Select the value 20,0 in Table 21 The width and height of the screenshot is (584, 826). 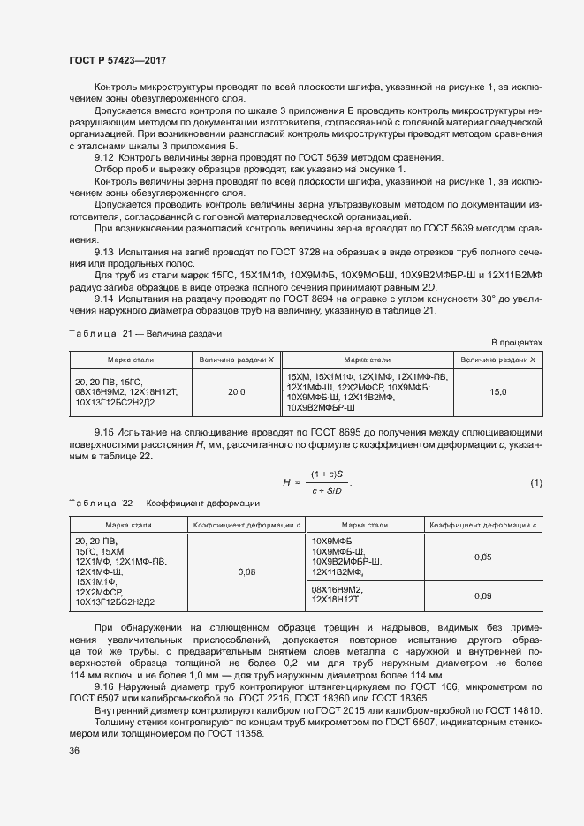tap(237, 391)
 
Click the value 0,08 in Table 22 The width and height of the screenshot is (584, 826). tap(247, 572)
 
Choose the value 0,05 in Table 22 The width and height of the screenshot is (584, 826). tap(482, 557)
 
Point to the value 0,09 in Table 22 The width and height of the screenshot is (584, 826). tap(482, 595)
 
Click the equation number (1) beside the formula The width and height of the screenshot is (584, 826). tap(535, 482)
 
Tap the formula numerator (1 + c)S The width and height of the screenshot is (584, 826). tap(326, 474)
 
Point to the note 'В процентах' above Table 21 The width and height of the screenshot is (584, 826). tap(517, 342)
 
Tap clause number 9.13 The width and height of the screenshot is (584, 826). tap(105, 252)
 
